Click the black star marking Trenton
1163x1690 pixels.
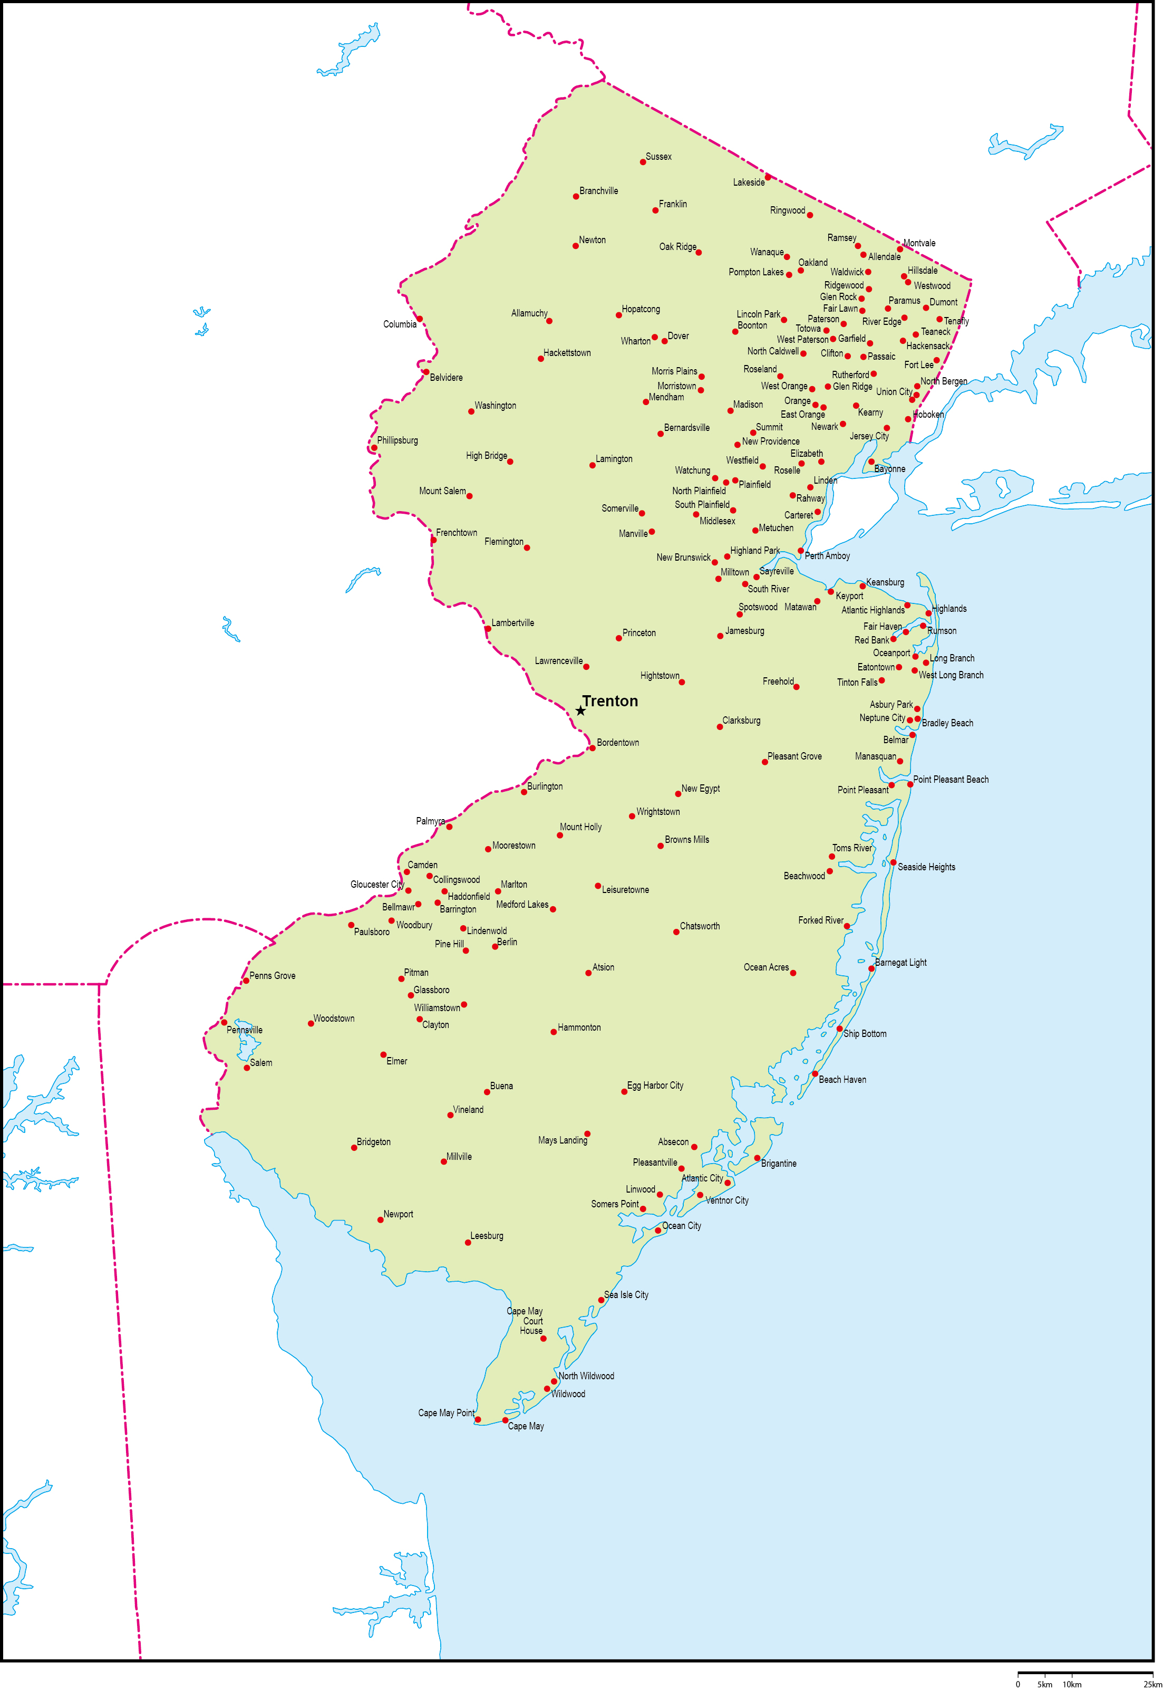tap(580, 711)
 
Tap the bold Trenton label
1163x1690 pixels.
tap(610, 702)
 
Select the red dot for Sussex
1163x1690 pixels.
tap(643, 162)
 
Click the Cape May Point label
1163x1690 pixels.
tap(446, 1413)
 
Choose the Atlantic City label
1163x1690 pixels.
tap(702, 1178)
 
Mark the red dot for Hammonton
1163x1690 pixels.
tap(554, 1032)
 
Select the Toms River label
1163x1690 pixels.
tap(852, 848)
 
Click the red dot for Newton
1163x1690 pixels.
tap(576, 246)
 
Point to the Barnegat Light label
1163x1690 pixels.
tap(900, 963)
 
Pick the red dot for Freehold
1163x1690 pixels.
tap(797, 687)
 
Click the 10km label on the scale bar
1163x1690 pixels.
tap(1071, 1684)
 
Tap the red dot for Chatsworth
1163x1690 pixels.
tap(676, 932)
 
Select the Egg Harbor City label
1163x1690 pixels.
tap(655, 1086)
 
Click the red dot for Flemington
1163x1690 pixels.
tap(527, 548)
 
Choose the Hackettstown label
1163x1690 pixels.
tap(567, 353)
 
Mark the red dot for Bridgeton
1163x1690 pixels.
tap(354, 1148)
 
